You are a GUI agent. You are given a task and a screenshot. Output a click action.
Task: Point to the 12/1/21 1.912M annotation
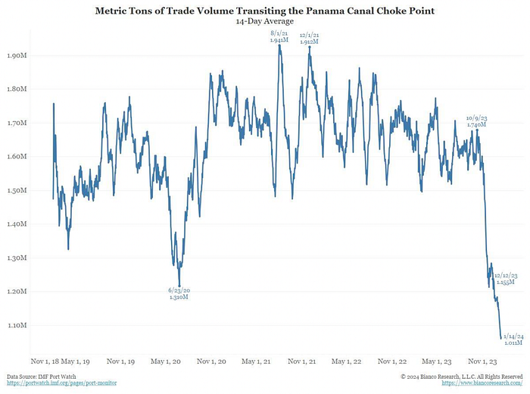click(x=309, y=38)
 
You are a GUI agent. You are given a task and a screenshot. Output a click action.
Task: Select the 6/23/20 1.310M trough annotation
click(x=179, y=293)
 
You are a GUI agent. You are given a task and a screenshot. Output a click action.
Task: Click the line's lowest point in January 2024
click(x=500, y=338)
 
